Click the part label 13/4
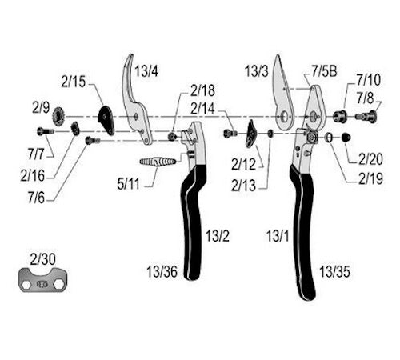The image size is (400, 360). click(x=146, y=71)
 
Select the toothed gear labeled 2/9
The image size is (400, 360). click(x=58, y=116)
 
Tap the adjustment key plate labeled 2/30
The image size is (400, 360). click(x=42, y=280)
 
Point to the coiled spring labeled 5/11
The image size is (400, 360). click(x=158, y=162)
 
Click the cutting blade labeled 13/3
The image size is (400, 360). click(x=283, y=94)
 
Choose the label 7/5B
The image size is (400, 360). click(x=324, y=71)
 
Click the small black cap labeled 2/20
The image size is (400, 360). click(x=346, y=138)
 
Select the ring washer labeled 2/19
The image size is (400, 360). click(x=330, y=138)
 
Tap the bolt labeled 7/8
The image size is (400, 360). click(x=366, y=116)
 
